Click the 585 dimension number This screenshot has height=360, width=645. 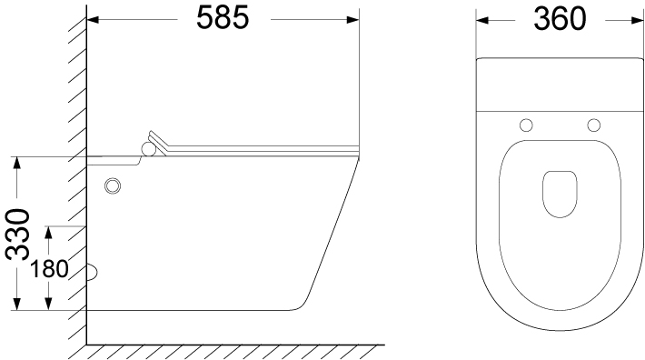tap(223, 18)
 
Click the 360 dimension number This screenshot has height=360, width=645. tap(560, 19)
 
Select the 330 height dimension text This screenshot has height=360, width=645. tap(18, 235)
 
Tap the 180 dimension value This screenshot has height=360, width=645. tap(49, 269)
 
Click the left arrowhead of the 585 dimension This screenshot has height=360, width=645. tap(93, 19)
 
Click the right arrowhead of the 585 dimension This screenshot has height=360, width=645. tap(353, 19)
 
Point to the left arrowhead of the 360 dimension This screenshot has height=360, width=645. tap(482, 20)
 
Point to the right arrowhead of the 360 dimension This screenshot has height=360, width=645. tap(637, 20)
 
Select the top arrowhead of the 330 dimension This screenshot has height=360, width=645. tap(16, 163)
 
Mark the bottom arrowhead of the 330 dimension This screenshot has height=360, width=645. tap(16, 304)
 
